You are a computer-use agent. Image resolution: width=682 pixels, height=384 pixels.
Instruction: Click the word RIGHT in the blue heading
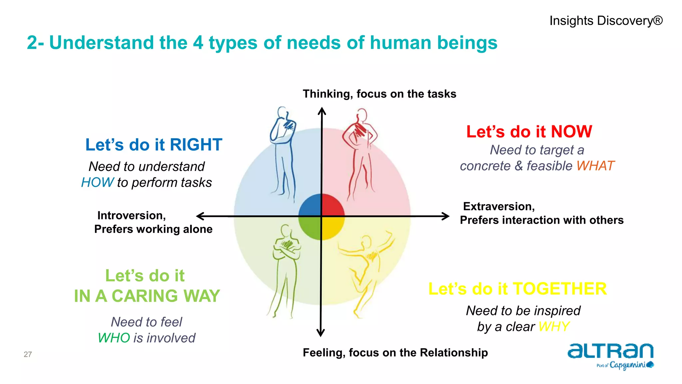click(196, 145)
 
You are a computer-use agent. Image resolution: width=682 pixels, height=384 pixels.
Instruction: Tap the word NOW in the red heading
click(571, 132)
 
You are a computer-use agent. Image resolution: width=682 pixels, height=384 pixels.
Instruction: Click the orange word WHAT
click(595, 166)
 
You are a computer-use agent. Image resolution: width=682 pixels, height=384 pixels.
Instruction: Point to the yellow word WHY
click(553, 327)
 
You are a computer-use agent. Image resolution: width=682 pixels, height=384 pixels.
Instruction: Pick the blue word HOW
click(97, 183)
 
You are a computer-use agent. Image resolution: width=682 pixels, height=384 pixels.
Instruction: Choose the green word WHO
click(114, 338)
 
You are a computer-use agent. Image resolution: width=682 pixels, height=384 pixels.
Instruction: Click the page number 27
click(28, 354)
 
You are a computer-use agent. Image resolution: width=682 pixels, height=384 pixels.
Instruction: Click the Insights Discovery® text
click(606, 21)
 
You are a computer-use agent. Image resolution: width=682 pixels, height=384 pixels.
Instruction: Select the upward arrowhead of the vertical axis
click(322, 110)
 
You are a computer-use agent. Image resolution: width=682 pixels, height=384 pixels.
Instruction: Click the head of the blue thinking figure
click(282, 112)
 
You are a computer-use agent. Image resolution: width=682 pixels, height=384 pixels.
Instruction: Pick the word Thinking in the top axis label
click(327, 94)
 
